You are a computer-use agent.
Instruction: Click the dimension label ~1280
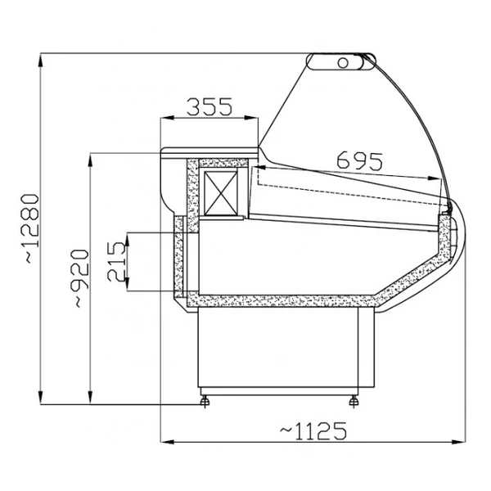pyautogui.click(x=30, y=228)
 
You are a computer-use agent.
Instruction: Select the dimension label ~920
pyautogui.click(x=81, y=278)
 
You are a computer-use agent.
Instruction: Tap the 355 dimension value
pyautogui.click(x=209, y=106)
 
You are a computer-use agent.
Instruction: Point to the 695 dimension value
pyautogui.click(x=360, y=160)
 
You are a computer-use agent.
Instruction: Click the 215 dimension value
pyautogui.click(x=116, y=262)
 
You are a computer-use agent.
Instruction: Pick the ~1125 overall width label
pyautogui.click(x=313, y=431)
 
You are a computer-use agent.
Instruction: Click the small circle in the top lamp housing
pyautogui.click(x=343, y=63)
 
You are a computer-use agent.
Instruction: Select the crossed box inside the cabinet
pyautogui.click(x=220, y=193)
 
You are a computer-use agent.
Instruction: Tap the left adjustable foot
pyautogui.click(x=205, y=400)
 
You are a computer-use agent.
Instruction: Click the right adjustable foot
pyautogui.click(x=354, y=400)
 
